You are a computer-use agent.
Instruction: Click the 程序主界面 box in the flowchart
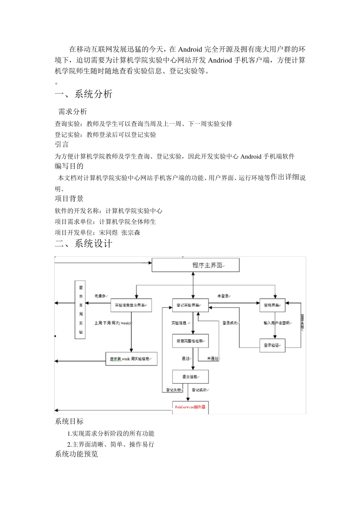(196, 265)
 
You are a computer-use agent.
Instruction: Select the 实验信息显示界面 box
(131, 305)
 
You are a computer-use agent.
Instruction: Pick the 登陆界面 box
(272, 305)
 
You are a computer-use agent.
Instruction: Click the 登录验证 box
(272, 345)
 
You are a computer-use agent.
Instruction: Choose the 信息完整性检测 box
(190, 341)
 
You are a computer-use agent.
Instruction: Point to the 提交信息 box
(190, 377)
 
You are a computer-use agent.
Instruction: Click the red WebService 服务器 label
(190, 407)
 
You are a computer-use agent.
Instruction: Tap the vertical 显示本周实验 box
(80, 310)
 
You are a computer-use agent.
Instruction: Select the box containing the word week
(131, 359)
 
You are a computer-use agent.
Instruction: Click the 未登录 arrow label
(223, 296)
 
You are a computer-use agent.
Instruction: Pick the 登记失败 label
(174, 390)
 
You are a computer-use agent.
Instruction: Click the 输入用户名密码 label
(277, 323)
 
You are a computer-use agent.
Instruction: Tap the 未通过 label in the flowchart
(213, 358)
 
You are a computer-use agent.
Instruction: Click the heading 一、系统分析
(84, 94)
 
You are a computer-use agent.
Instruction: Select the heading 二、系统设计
(84, 244)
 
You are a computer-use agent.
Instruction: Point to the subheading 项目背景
(69, 199)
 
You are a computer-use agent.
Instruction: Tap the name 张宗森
(131, 233)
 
